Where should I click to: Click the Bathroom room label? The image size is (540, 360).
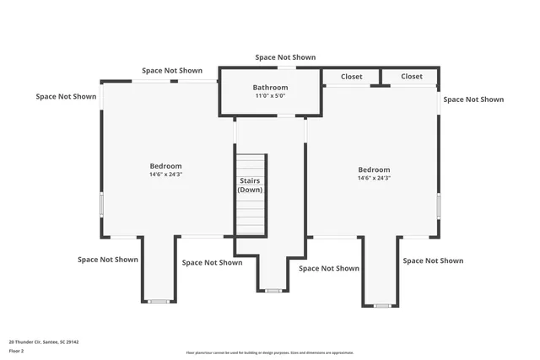point(270,88)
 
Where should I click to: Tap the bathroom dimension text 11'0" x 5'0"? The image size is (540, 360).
point(270,96)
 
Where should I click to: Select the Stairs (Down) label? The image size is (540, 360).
point(250,185)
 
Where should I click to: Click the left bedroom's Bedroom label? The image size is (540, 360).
point(165,166)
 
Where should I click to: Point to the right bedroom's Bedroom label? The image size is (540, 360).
point(374,169)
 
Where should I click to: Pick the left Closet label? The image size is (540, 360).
point(351,77)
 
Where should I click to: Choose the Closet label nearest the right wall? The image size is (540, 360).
point(411,77)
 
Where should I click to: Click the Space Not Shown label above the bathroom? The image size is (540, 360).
point(285,57)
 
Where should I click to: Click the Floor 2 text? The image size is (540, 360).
point(17,350)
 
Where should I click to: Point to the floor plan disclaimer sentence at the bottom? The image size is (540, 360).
point(270,352)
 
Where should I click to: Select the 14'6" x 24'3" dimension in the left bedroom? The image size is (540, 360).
point(165,175)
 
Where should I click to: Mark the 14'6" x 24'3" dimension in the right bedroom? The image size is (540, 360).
point(374,178)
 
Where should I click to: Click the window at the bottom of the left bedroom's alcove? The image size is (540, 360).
point(159,301)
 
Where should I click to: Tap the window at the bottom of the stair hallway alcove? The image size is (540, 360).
point(272,291)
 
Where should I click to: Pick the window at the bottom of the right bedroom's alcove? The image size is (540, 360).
point(381,304)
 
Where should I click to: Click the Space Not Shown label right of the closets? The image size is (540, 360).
point(473,99)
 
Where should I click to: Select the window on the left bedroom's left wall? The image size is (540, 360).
point(102,204)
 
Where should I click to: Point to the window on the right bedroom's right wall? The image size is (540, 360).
point(438,206)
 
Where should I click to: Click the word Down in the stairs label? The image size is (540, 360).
point(250,190)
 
